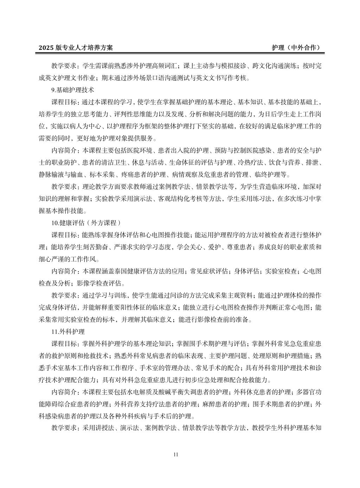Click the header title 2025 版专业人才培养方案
click(x=76, y=48)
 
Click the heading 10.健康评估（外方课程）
click(x=86, y=223)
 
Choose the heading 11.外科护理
click(x=68, y=331)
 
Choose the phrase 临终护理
click(x=272, y=175)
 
